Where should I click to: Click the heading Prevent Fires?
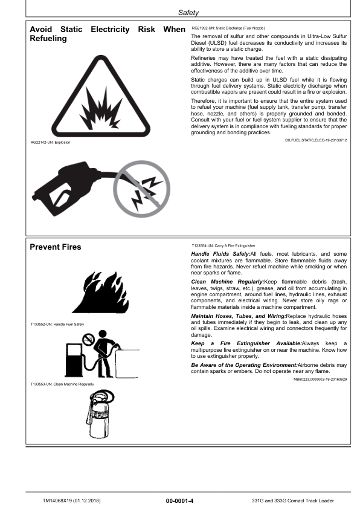(x=56, y=247)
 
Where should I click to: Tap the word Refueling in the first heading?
(x=48, y=39)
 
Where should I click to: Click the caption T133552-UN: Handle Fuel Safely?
(x=56, y=325)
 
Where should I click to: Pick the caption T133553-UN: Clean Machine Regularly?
(x=61, y=384)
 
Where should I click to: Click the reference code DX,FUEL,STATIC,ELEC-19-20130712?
(x=315, y=140)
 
